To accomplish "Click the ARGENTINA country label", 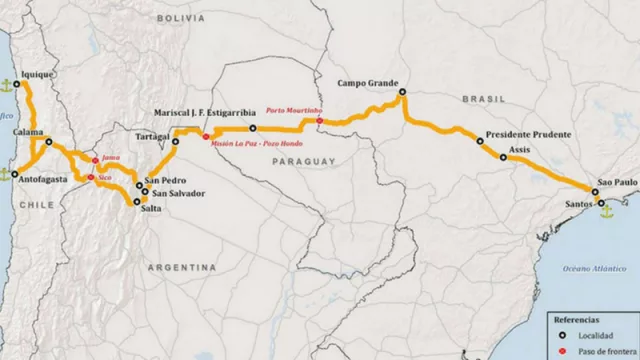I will [x=182, y=268].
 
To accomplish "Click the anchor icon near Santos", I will [x=602, y=209].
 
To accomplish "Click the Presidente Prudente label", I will [x=528, y=134].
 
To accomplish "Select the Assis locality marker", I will [x=503, y=157].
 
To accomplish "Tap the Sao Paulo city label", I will [x=614, y=184].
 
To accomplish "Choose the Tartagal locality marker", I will [x=175, y=141].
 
